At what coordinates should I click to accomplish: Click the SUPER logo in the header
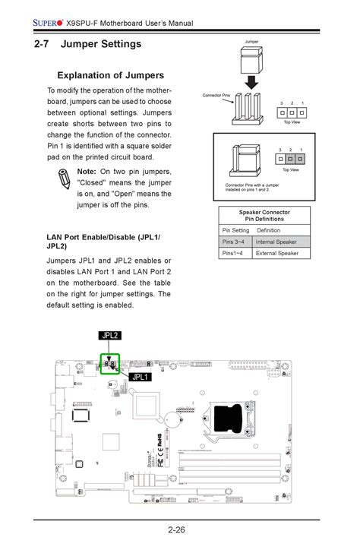coord(47,24)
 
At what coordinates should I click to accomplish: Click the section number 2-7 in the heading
coord(45,45)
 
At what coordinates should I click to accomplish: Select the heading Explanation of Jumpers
coord(111,75)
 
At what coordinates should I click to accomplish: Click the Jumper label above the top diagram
coord(252,41)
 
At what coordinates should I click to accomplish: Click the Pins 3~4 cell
coord(235,242)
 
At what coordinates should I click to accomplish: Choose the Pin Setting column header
coord(235,230)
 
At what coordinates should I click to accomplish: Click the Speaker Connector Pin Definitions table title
coord(264,215)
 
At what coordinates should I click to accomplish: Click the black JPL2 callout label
coord(111,335)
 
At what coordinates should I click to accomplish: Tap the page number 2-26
coord(179,529)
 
